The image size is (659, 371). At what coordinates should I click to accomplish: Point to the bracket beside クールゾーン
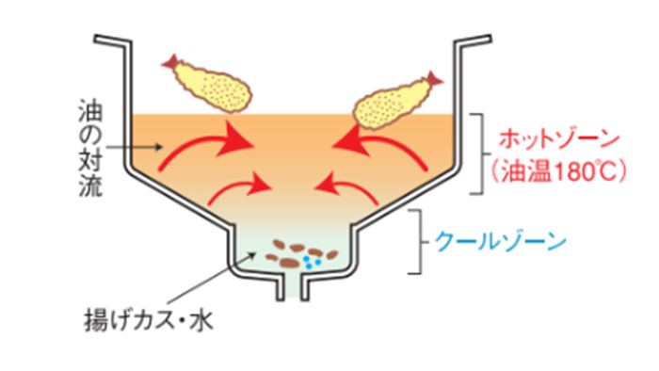tap(413, 242)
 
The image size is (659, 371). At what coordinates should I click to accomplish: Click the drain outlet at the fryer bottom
tap(293, 287)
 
